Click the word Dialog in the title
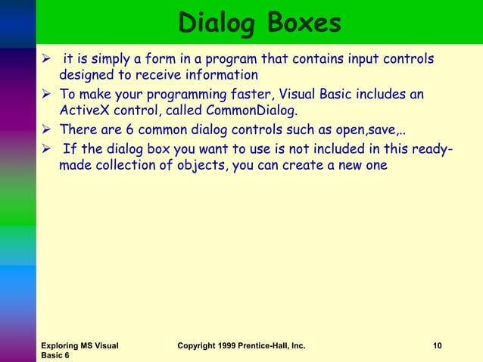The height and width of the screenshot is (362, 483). click(213, 23)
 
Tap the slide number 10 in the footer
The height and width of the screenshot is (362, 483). click(437, 346)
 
